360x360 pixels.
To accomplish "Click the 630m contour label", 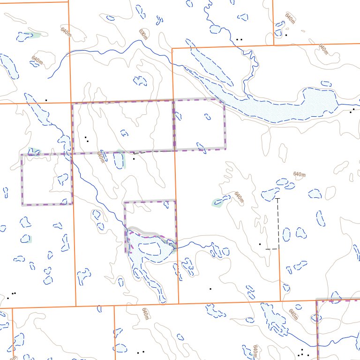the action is (x=143, y=34).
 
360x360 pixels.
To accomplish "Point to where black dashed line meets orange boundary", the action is (x=279, y=248).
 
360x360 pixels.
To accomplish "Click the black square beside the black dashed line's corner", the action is (x=260, y=244).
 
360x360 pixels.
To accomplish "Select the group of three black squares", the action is (x=11, y=295).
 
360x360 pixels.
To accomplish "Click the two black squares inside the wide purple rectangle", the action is (x=87, y=139).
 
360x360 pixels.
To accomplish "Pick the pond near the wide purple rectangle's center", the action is (x=124, y=133).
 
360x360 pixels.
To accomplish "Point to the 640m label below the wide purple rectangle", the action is (x=100, y=157).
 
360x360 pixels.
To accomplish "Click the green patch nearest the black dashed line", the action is (x=217, y=202).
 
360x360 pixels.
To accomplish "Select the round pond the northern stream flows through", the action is (x=216, y=29).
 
